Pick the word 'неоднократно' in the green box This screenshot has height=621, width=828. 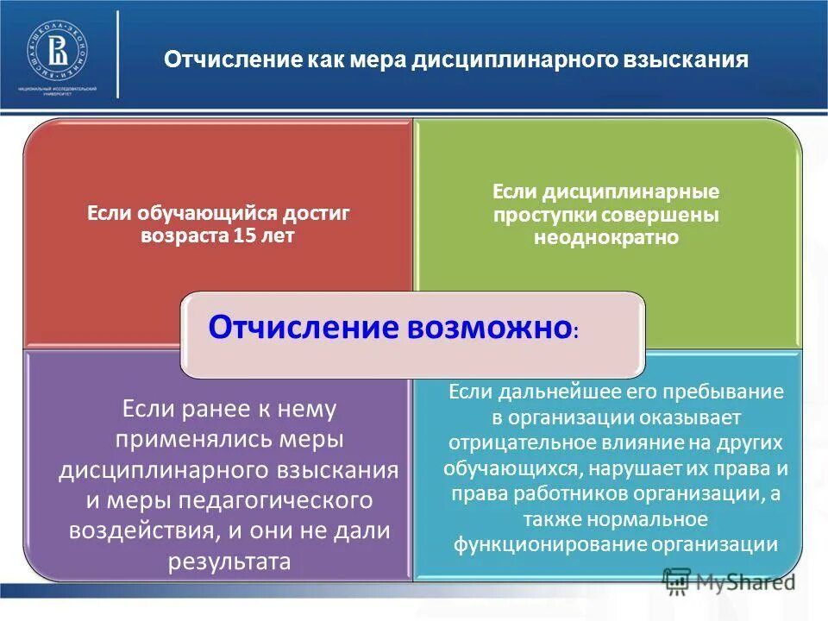605,237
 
